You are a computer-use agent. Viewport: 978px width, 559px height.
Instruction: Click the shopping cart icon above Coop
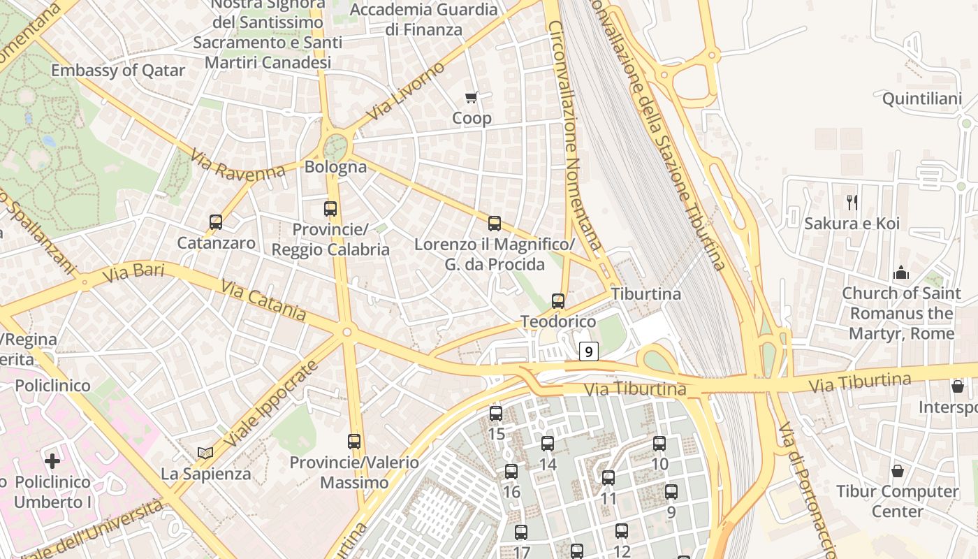[x=472, y=97]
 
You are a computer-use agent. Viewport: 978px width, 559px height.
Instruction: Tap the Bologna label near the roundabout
[x=335, y=167]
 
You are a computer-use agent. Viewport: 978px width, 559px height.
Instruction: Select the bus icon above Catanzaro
[x=216, y=222]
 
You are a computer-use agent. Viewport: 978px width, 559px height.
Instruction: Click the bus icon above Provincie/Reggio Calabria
[x=330, y=208]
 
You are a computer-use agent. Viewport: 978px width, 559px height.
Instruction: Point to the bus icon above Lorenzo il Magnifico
[x=495, y=224]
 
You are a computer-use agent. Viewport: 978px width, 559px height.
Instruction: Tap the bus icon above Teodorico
[x=557, y=301]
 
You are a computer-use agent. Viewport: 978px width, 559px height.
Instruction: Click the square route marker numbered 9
[x=589, y=351]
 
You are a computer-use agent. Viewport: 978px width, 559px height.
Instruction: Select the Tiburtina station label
[x=645, y=294]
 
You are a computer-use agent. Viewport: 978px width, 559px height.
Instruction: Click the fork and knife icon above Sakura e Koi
[x=852, y=203]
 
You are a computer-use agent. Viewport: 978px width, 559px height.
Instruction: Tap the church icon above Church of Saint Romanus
[x=901, y=272]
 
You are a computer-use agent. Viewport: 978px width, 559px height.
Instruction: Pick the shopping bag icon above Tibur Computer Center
[x=898, y=471]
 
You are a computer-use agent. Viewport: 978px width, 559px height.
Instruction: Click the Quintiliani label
[x=921, y=99]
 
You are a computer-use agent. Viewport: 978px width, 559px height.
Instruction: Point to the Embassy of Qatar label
[x=118, y=71]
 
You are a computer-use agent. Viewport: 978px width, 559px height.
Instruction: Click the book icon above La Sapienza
[x=205, y=453]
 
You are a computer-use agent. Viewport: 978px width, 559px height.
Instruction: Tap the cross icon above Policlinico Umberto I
[x=52, y=460]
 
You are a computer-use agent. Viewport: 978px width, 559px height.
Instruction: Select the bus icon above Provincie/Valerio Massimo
[x=354, y=442]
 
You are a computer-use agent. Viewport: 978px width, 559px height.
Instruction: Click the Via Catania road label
[x=263, y=300]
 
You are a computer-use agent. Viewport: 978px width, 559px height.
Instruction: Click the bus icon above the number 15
[x=496, y=414]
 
